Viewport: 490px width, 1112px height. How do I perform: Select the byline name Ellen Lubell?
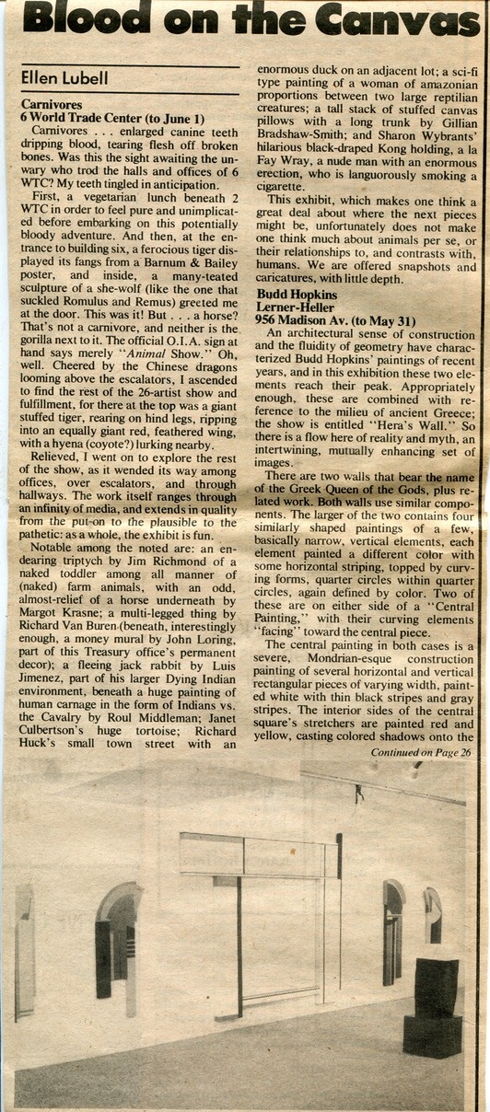pos(64,79)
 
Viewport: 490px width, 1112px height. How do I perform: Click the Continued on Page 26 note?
pos(421,752)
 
